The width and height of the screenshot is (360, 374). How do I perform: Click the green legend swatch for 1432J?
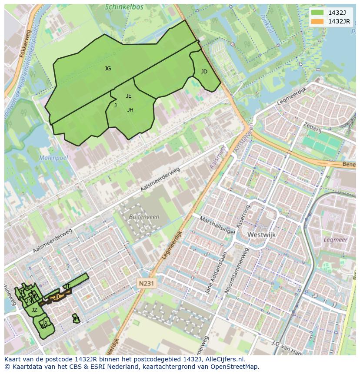click(x=318, y=13)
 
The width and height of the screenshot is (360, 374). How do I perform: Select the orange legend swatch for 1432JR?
click(x=318, y=21)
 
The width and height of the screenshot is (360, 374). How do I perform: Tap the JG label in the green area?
click(x=108, y=69)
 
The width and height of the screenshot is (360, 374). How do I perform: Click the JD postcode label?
click(x=204, y=72)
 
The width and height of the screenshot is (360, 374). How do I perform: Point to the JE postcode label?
click(x=129, y=96)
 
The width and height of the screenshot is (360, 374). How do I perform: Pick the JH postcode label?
click(x=130, y=110)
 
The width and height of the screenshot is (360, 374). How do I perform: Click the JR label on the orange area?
click(x=57, y=297)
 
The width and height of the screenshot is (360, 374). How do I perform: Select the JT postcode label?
click(x=67, y=286)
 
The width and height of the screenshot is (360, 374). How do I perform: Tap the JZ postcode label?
click(x=34, y=310)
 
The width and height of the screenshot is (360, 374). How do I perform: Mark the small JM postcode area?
click(x=76, y=318)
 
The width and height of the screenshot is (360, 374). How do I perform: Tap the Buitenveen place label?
click(x=144, y=217)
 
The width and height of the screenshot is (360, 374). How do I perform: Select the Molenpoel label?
click(x=53, y=158)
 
